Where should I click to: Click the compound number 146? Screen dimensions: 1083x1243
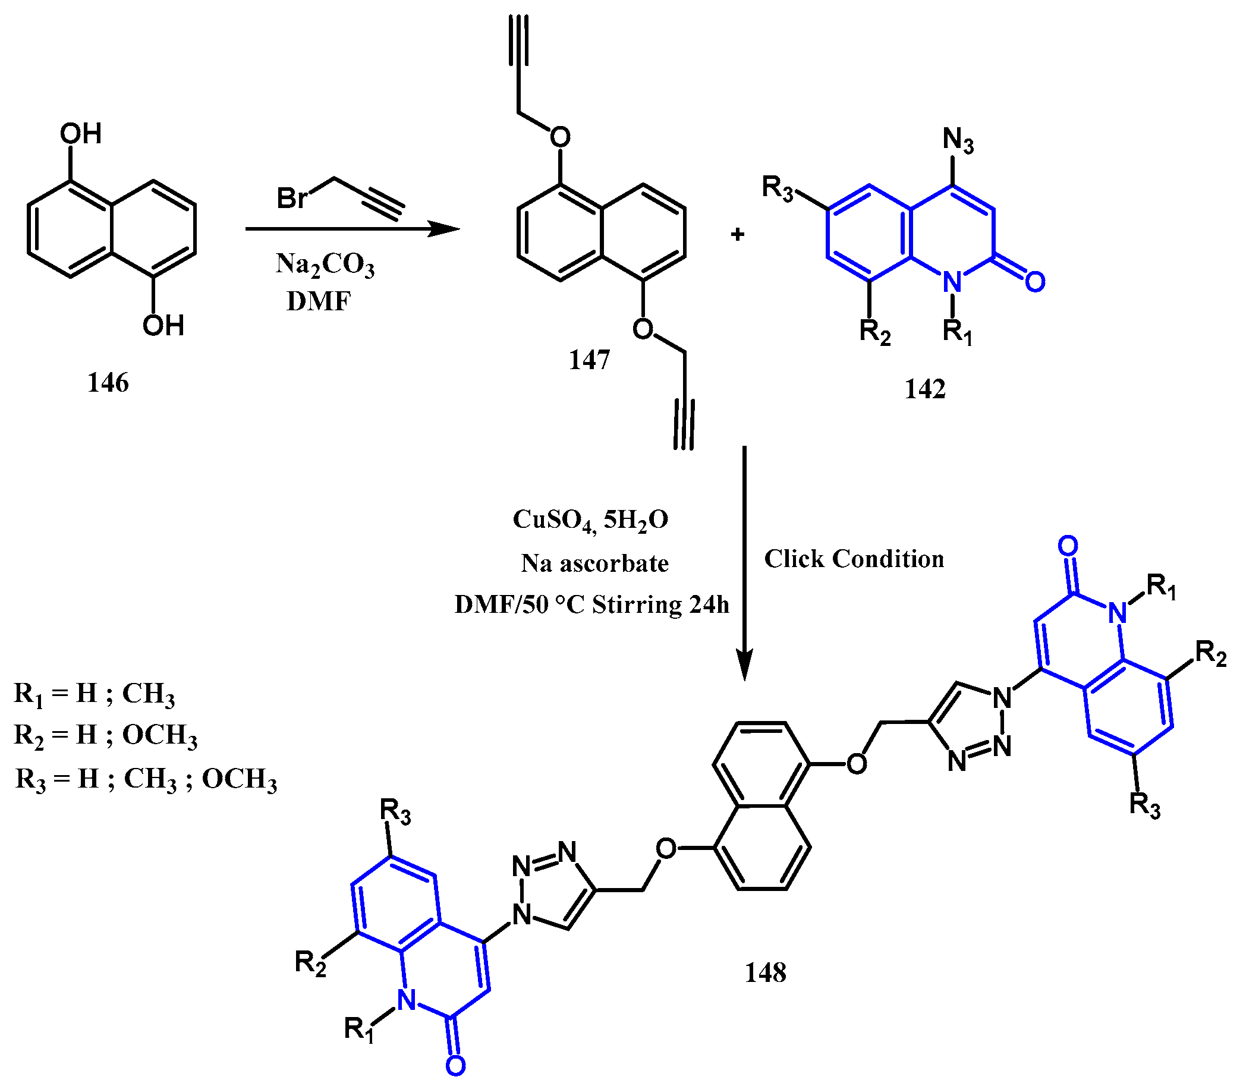coord(108,383)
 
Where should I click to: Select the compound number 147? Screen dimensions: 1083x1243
coord(589,360)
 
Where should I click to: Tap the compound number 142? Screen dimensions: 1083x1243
coord(925,389)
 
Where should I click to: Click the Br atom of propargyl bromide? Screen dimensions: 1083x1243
coord(292,197)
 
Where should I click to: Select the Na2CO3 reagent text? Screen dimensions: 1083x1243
coord(325,265)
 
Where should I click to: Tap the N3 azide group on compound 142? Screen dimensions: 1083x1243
coord(958,141)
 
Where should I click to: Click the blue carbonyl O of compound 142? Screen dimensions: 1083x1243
coord(1035,282)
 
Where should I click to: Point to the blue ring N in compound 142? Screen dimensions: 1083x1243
coord(952,282)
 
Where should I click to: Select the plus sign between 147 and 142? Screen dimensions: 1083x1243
coord(737,234)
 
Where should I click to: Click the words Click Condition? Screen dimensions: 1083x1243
coord(854,559)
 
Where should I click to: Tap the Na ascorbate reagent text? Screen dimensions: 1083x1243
coord(594,563)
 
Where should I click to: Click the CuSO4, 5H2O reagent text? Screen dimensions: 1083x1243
coord(590,520)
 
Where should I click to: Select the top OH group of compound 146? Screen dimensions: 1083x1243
coord(80,134)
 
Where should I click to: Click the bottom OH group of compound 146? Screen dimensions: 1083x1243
coord(163,326)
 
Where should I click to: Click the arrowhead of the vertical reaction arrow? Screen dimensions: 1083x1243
coord(744,666)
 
